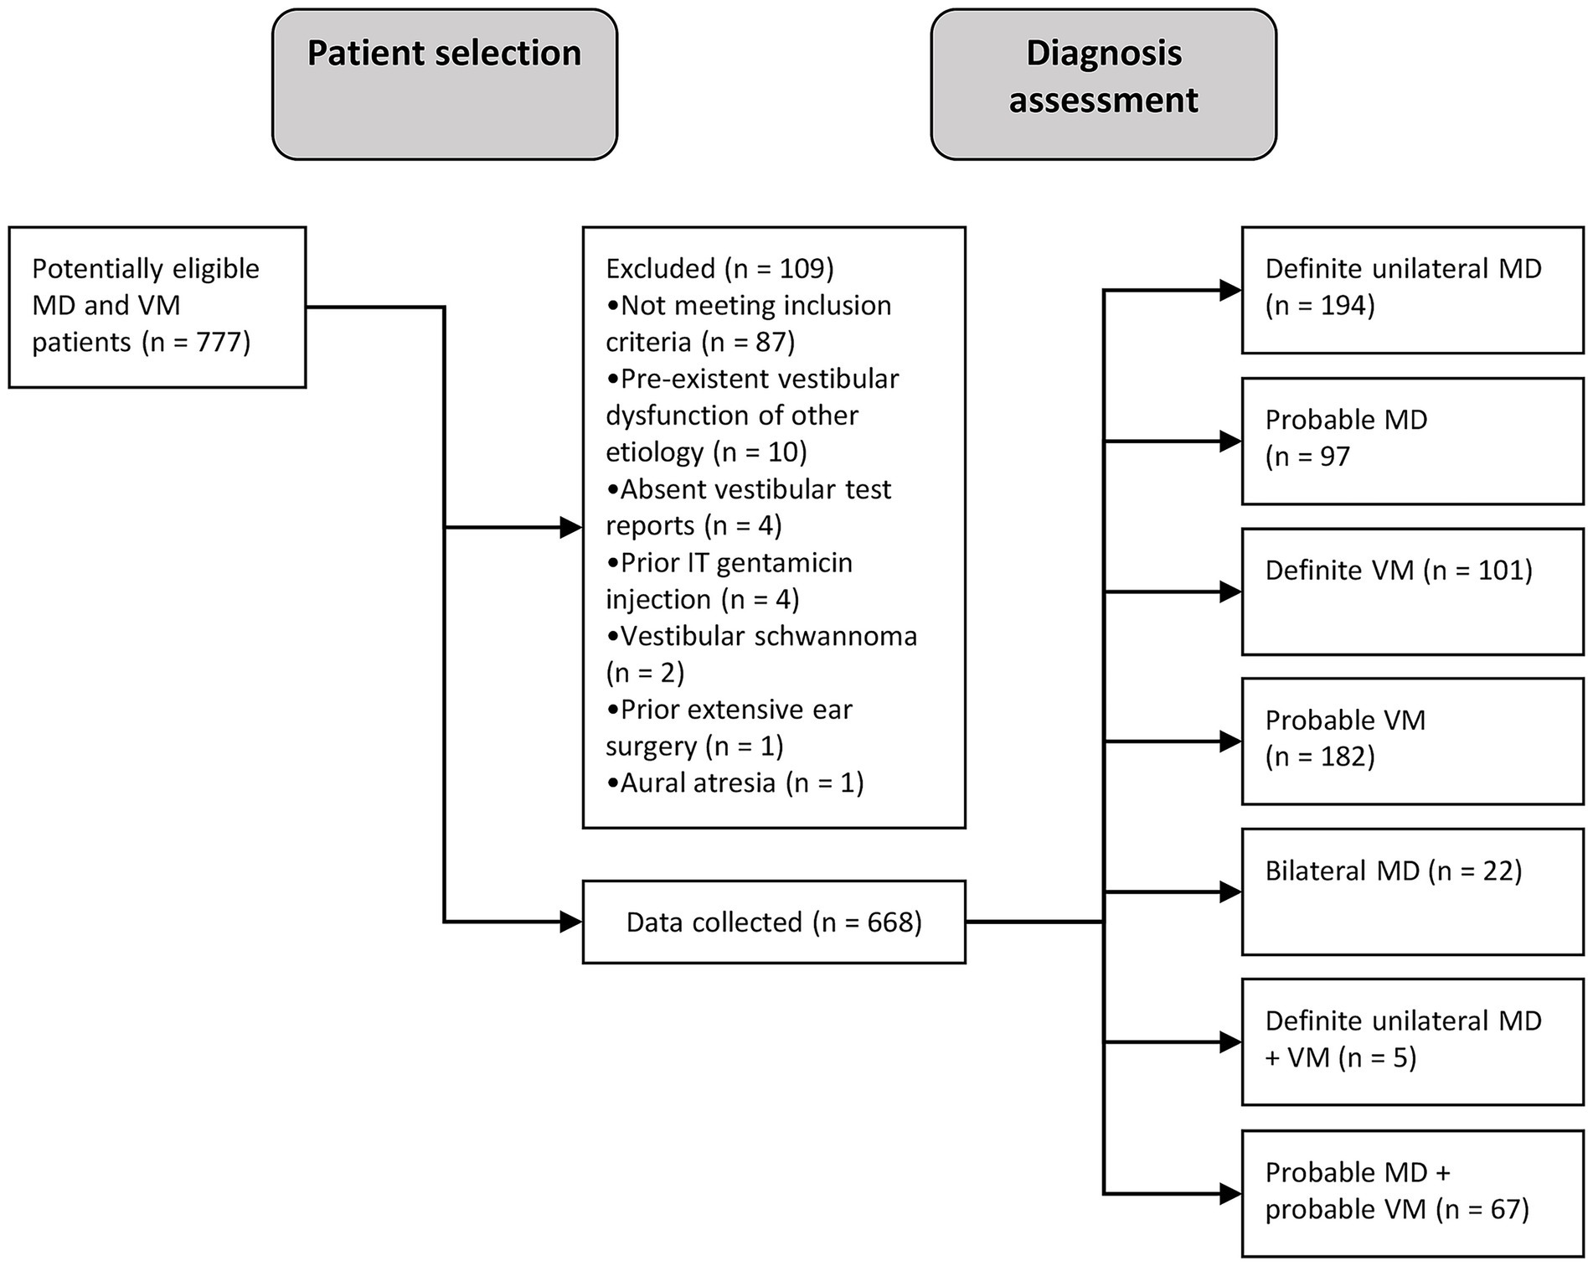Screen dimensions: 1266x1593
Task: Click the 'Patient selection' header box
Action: (444, 84)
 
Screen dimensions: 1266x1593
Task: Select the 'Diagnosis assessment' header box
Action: (1103, 84)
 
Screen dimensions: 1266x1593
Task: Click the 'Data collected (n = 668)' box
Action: (773, 922)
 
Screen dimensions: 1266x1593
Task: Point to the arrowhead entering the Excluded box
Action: (571, 528)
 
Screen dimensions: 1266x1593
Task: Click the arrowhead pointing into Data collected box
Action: (571, 922)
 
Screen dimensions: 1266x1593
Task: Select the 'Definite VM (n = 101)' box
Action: (1412, 592)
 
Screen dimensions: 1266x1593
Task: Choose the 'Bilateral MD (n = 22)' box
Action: (1412, 891)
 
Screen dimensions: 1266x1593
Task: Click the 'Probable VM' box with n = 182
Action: (1412, 741)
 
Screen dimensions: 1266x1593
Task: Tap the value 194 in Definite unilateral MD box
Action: (1344, 306)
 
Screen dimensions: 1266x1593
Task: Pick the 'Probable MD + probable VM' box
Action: (1412, 1191)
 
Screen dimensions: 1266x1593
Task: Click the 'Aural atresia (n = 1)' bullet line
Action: (735, 783)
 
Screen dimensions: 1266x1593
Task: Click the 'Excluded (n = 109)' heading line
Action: (719, 268)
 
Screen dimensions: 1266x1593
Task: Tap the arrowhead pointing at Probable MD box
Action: (1230, 441)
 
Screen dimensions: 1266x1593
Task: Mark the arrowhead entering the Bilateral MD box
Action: (1230, 891)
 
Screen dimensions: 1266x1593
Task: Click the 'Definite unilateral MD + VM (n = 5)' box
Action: (1412, 1041)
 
